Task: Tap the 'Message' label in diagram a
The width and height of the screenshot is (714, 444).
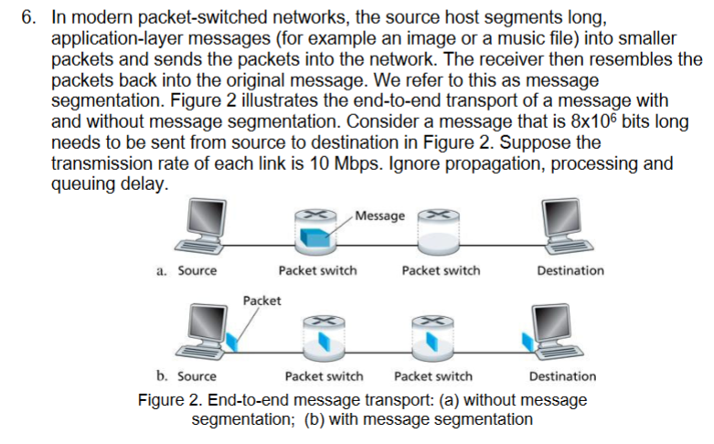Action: click(x=379, y=216)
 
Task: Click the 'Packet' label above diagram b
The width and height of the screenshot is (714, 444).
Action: click(x=262, y=301)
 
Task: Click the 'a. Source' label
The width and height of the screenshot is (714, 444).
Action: click(x=186, y=270)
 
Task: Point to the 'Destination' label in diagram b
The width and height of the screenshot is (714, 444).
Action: click(x=562, y=376)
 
